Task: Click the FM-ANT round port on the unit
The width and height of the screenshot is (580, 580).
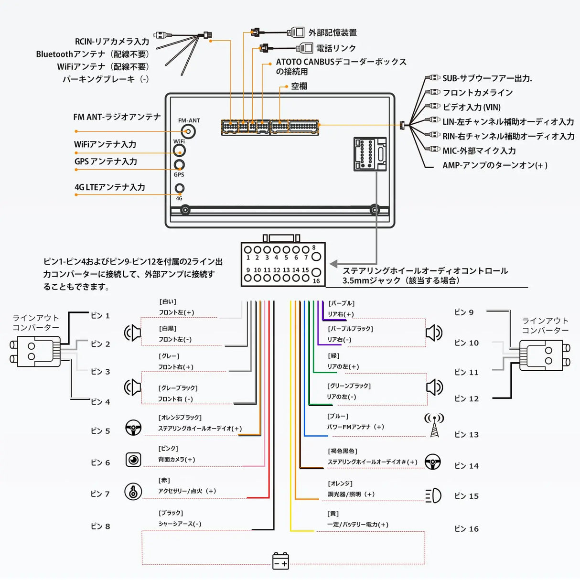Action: point(190,131)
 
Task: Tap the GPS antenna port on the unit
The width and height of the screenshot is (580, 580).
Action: point(179,165)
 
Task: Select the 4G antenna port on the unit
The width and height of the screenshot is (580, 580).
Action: point(179,188)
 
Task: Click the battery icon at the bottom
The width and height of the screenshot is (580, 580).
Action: point(280,560)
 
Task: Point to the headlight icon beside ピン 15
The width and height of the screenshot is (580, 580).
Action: point(433,496)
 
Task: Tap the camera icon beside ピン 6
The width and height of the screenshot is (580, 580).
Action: point(133,460)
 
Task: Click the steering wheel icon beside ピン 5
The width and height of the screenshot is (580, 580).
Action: point(133,428)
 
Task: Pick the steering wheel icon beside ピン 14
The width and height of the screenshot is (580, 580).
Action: point(433,462)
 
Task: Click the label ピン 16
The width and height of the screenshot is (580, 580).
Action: point(466,529)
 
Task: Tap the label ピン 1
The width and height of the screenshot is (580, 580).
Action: point(100,316)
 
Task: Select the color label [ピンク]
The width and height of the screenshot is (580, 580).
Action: point(168,449)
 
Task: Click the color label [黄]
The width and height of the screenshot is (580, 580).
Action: point(333,514)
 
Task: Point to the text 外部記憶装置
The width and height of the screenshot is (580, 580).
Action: point(333,33)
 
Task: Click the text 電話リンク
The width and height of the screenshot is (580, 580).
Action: point(336,48)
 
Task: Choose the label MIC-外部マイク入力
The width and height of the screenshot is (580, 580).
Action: point(479,151)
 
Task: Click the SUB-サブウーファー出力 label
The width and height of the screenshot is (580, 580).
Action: point(487,78)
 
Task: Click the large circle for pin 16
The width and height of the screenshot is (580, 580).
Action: point(316,273)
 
